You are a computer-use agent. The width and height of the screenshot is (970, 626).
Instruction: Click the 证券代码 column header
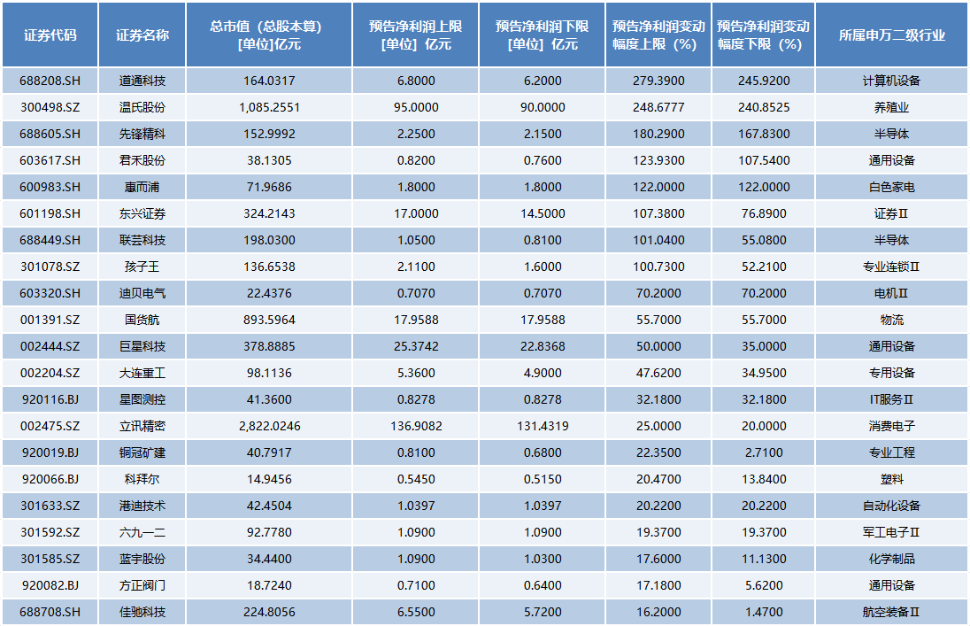click(x=50, y=35)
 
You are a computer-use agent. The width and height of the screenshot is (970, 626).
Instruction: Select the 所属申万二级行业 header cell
click(x=891, y=35)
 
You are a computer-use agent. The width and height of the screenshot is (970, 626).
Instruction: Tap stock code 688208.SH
click(x=50, y=81)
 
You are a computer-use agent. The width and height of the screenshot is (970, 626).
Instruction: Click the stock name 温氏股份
click(x=142, y=107)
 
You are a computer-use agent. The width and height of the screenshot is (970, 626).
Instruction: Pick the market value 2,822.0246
click(x=269, y=426)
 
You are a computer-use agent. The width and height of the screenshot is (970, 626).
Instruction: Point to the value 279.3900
click(x=658, y=81)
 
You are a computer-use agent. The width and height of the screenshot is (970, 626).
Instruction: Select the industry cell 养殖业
click(x=891, y=107)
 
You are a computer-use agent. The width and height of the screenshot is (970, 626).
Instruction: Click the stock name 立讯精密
click(x=142, y=426)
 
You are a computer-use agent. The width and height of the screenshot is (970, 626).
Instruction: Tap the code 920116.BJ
click(x=50, y=399)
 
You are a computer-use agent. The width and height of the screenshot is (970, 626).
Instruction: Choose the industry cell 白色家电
click(x=891, y=187)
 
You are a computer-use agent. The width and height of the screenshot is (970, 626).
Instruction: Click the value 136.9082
click(x=416, y=426)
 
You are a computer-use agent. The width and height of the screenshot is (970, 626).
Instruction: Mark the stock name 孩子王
click(x=142, y=267)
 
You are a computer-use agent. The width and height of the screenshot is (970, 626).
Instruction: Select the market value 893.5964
click(x=269, y=321)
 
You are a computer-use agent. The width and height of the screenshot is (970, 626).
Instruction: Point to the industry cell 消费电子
click(x=891, y=426)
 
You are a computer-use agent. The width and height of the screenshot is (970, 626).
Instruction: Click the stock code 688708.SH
click(x=50, y=612)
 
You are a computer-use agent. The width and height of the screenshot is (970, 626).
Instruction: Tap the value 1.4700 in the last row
click(x=764, y=612)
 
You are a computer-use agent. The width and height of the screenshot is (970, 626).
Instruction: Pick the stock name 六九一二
click(x=142, y=532)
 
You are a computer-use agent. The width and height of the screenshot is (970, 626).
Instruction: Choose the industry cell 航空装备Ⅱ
click(x=891, y=612)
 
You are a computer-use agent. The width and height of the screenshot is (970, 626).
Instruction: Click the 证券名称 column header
click(x=142, y=35)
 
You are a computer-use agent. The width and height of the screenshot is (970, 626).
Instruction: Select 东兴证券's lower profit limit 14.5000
click(x=543, y=213)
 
